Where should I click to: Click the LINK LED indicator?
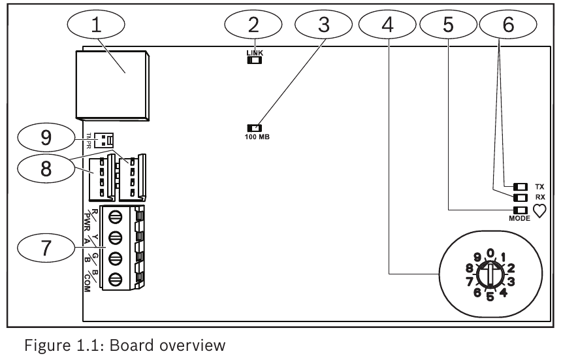point(253,61)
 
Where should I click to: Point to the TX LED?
point(521,187)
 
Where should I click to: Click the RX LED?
point(521,198)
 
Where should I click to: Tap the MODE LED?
point(521,210)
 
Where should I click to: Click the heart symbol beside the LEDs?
point(540,210)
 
